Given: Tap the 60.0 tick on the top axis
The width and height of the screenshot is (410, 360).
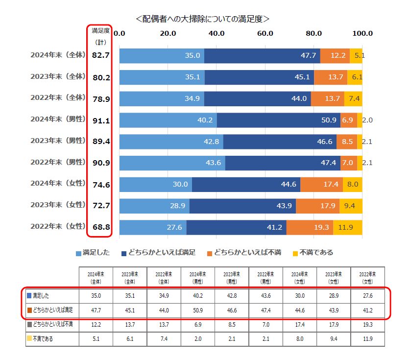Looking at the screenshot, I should pyautogui.click(x=265, y=33).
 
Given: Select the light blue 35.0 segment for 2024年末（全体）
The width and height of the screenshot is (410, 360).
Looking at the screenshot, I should pyautogui.click(x=162, y=56).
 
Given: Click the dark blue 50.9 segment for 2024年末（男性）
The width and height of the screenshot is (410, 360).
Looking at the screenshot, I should pyautogui.click(x=278, y=120).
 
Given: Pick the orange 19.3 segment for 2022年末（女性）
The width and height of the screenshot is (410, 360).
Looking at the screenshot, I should pyautogui.click(x=310, y=227).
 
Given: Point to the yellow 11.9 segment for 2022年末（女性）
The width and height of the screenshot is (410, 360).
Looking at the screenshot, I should pyautogui.click(x=348, y=227).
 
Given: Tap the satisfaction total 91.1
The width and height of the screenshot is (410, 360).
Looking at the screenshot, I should pyautogui.click(x=100, y=120).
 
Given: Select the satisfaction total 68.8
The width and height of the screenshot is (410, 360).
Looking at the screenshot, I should pyautogui.click(x=100, y=227).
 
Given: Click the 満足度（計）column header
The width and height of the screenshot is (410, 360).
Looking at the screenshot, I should pyautogui.click(x=100, y=36).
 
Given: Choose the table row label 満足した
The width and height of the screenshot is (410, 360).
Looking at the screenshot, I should pyautogui.click(x=52, y=296).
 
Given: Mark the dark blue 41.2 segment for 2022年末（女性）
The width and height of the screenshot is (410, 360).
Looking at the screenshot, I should pyautogui.click(x=237, y=227).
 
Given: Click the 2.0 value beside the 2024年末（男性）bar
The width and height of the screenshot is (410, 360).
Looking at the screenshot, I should pyautogui.click(x=367, y=120).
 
